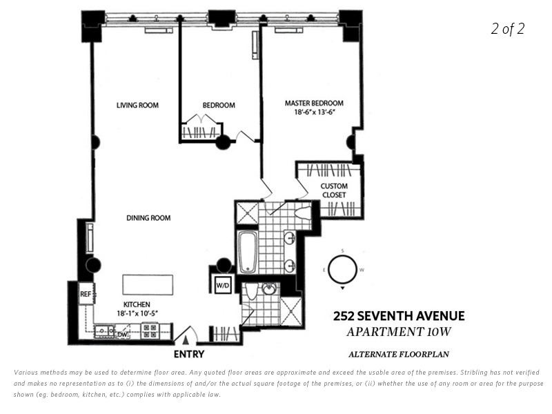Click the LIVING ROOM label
[137, 105]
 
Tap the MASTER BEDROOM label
[314, 103]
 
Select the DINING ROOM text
[148, 218]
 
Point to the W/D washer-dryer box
[223, 285]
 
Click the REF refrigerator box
[86, 294]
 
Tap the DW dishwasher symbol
[122, 334]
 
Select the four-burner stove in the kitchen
[150, 331]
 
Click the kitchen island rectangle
[148, 285]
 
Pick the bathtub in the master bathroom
[248, 252]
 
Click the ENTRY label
[188, 354]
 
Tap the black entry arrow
[186, 340]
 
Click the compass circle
[342, 269]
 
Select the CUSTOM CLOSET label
[334, 190]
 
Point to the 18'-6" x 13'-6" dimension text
[314, 112]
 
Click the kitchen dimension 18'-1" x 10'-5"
[137, 313]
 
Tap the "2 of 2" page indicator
[508, 28]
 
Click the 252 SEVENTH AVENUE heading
[399, 316]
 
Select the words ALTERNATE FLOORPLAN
[399, 354]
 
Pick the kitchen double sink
[104, 331]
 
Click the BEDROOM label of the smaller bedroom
[219, 105]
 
